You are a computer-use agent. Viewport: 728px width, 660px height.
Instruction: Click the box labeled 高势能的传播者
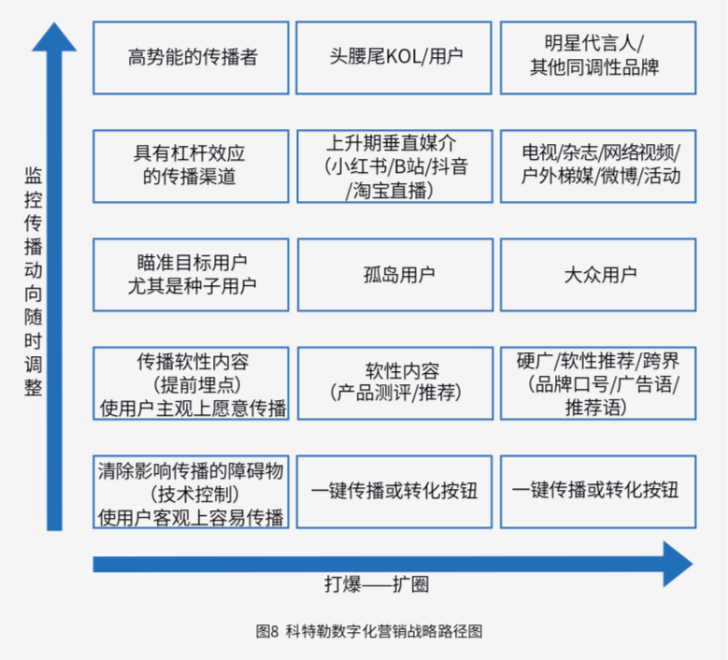(192, 57)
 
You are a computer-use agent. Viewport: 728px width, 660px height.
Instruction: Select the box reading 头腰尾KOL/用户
(395, 57)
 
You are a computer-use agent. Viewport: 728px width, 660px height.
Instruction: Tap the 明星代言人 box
(598, 57)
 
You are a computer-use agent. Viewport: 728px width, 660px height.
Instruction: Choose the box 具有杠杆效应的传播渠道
(192, 165)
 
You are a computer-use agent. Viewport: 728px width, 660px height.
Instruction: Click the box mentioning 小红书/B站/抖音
(395, 165)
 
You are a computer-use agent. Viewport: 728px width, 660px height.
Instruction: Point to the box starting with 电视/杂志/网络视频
(598, 165)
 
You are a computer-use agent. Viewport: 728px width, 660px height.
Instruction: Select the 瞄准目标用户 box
(192, 275)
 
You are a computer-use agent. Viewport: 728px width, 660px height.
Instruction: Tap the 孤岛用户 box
(395, 275)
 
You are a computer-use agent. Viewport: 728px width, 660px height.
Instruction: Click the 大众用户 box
(598, 275)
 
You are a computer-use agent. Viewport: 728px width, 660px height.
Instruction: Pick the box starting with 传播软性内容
(192, 383)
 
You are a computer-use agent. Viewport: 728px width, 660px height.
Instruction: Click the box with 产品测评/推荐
(395, 383)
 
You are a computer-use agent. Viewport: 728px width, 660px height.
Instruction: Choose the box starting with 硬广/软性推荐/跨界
(598, 383)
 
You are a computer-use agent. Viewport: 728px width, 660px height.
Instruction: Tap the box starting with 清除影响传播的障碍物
(192, 492)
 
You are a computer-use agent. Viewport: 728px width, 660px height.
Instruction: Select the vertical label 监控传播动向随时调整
(33, 280)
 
